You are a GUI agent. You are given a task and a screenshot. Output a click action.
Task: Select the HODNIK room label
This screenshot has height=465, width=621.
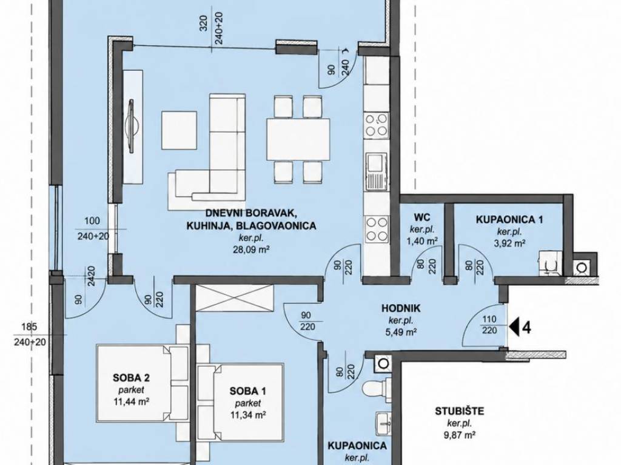401,308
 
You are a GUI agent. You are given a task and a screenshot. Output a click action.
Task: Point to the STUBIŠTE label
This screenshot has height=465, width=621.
460,411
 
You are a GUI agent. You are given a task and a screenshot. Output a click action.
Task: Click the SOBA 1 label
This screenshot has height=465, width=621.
248,392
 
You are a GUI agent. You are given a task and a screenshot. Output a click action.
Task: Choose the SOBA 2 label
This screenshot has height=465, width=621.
131,378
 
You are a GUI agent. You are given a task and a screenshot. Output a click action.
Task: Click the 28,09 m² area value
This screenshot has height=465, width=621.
249,249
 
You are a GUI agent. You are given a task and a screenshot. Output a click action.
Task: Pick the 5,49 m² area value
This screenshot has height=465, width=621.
401,332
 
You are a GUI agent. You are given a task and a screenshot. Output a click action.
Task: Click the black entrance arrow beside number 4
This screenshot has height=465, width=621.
515,328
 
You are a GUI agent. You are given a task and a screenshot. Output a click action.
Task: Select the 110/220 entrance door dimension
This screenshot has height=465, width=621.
489,325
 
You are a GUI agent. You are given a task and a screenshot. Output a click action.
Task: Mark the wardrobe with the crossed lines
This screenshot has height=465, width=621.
235,297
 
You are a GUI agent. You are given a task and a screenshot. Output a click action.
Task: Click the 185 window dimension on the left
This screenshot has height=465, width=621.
30,327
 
